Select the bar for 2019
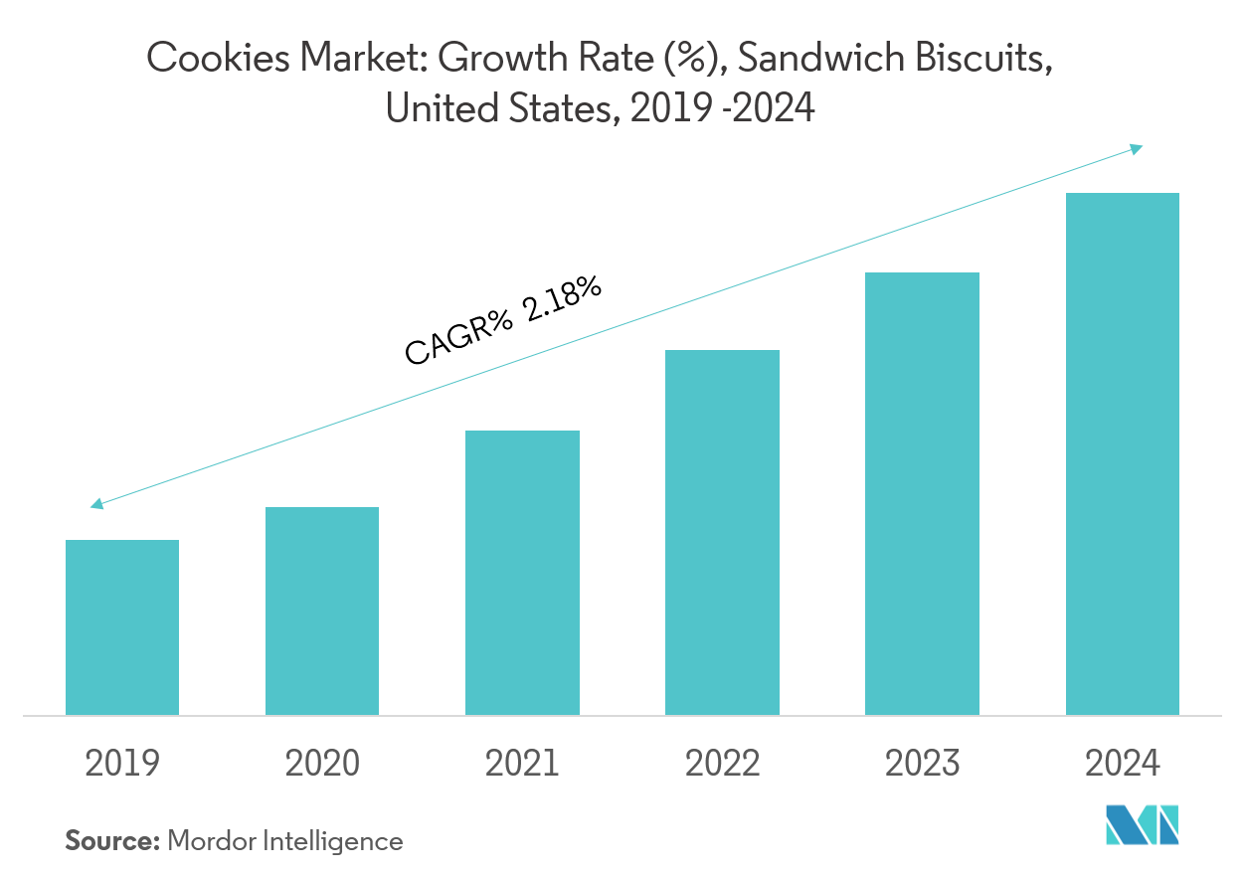point(122,627)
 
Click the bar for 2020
point(322,611)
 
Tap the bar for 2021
point(522,573)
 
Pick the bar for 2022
point(722,532)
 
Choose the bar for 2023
point(922,493)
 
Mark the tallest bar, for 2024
point(1122,453)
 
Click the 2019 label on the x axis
point(122,764)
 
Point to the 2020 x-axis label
point(322,764)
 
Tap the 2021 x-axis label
point(522,764)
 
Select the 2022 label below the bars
point(722,764)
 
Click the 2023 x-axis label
point(922,764)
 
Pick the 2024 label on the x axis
point(1122,764)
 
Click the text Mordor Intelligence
point(285,841)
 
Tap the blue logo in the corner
point(1142,826)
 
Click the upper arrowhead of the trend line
point(1137,148)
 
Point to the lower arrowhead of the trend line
point(96,505)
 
